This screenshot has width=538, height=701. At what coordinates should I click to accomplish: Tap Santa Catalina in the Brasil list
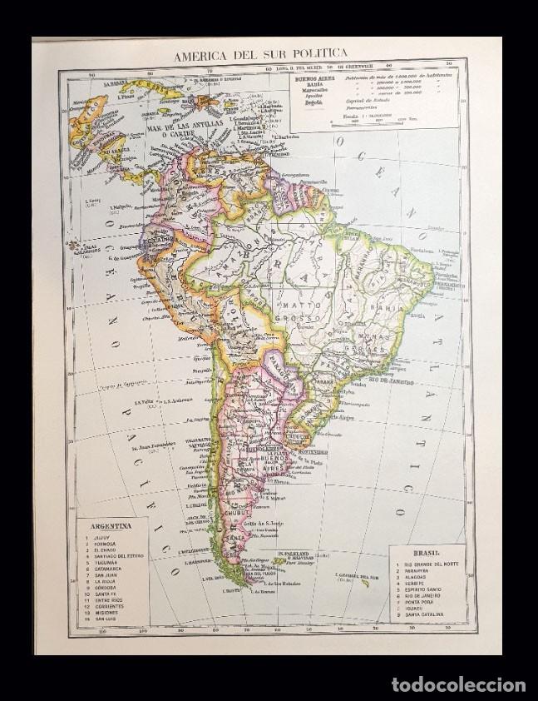tap(426, 614)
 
